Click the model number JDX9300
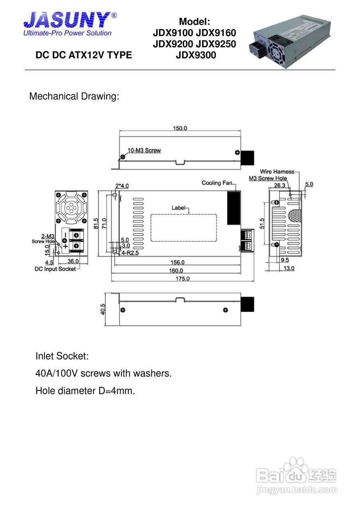point(196,55)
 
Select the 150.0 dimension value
point(180,128)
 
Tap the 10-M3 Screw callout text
point(144,150)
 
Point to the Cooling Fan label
point(217,183)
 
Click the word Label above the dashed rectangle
point(178,208)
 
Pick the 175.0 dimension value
point(182,279)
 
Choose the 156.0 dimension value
point(178,262)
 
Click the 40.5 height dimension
point(103,309)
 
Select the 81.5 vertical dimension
point(96,224)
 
